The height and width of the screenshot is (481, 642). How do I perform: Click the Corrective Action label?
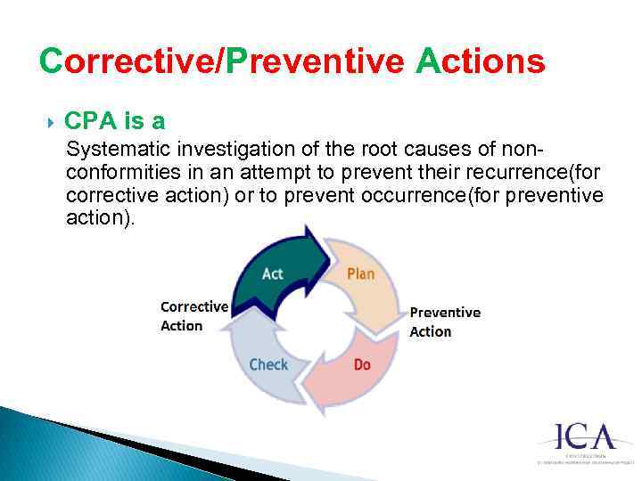(x=193, y=316)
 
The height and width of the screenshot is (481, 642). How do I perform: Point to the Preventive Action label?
(x=444, y=322)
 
